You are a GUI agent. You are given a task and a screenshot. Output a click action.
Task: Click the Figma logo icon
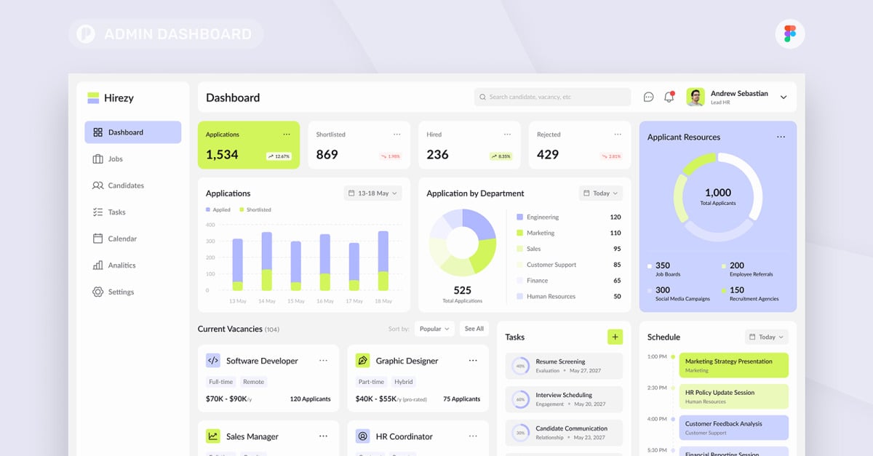[x=789, y=33]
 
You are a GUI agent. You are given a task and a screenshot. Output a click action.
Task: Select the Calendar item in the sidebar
[x=121, y=239]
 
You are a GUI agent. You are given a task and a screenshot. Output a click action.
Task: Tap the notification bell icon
[x=669, y=97]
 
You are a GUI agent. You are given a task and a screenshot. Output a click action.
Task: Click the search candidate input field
[x=552, y=97]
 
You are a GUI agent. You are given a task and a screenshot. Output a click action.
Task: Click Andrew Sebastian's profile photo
[x=695, y=97]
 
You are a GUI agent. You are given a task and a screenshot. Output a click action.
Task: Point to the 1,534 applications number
[x=222, y=154]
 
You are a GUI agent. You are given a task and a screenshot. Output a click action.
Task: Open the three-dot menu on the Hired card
[x=507, y=135]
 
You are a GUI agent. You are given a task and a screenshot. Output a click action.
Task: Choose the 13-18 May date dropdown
[x=372, y=193]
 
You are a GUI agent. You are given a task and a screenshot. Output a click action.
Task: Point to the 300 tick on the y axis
[x=210, y=241]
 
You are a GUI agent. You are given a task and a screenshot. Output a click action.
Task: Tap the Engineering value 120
[x=615, y=217]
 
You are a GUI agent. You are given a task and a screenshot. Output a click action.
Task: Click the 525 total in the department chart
[x=462, y=290]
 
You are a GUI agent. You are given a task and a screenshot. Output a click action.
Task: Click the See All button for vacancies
[x=474, y=329]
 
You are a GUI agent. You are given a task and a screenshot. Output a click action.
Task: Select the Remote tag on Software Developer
[x=253, y=382]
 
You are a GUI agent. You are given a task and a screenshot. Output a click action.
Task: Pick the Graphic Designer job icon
[x=362, y=360]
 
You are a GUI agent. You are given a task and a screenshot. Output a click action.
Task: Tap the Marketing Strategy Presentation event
[x=733, y=365]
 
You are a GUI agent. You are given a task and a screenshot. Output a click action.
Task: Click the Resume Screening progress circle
[x=520, y=366]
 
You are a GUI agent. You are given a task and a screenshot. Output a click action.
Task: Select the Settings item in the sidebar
[x=120, y=292]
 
